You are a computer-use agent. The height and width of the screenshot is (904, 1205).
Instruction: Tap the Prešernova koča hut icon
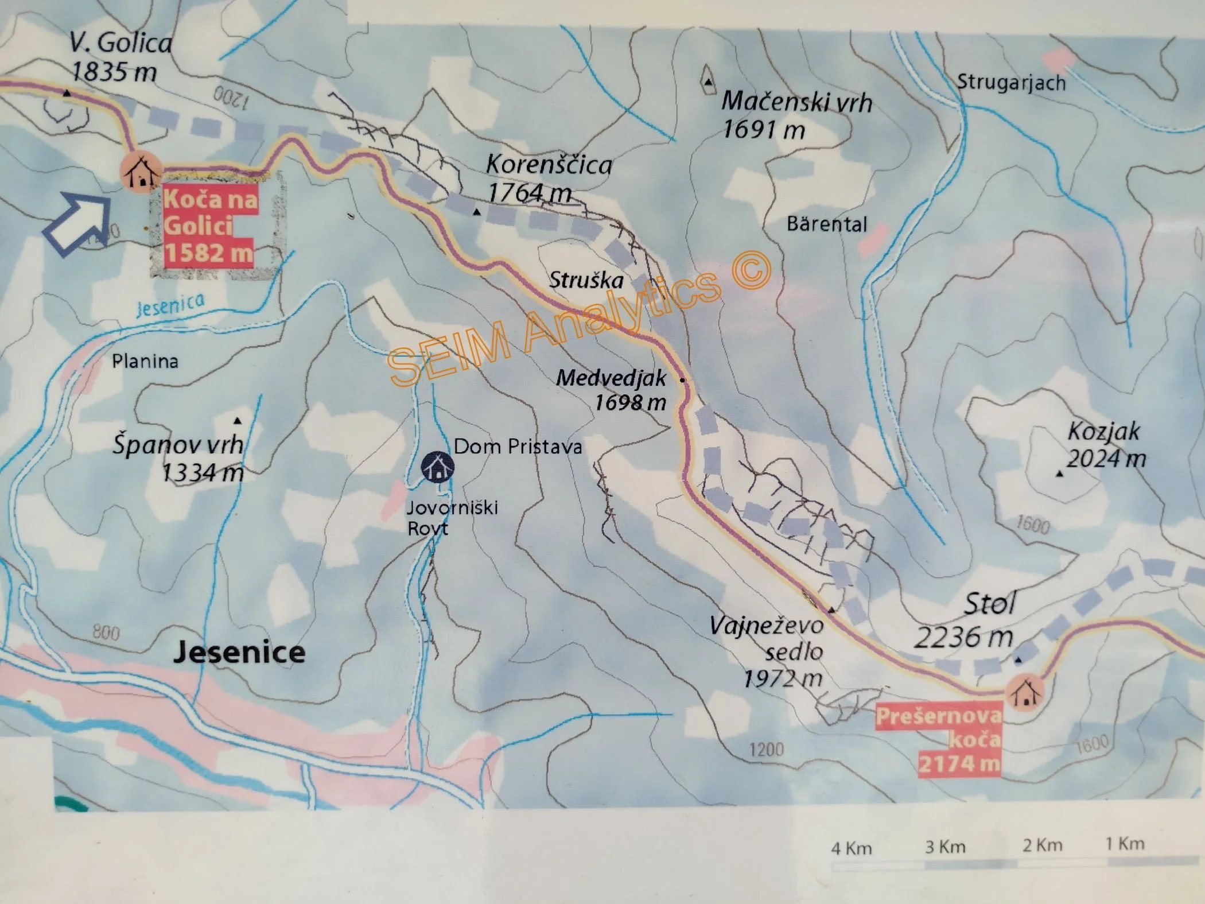pos(1025,693)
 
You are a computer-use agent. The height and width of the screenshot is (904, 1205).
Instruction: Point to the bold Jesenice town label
pos(239,653)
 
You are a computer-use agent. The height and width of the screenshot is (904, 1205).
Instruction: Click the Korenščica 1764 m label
pos(548,178)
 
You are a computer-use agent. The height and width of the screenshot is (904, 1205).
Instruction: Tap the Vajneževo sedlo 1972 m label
pos(767,651)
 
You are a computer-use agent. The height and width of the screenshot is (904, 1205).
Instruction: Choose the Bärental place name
pos(826,224)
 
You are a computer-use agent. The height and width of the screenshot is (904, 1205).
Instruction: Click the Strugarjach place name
pos(1010,83)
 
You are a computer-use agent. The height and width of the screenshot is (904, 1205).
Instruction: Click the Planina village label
pos(145,361)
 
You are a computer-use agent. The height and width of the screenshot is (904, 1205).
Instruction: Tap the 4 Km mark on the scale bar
pos(851,848)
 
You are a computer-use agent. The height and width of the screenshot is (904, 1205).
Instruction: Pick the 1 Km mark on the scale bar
pos(1125,844)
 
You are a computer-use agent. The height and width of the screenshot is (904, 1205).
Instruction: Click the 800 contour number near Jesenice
pos(106,633)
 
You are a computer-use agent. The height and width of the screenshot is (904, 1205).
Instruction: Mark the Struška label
pos(586,280)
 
